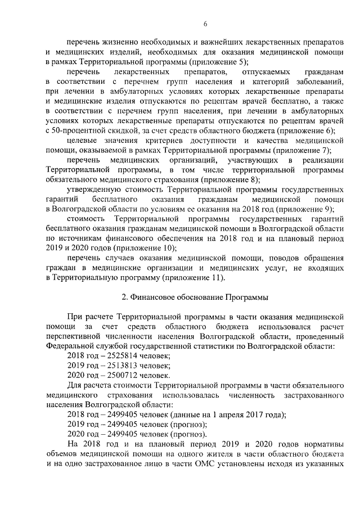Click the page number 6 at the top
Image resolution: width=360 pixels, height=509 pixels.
coord(205,24)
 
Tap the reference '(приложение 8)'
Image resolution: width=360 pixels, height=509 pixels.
coord(231,179)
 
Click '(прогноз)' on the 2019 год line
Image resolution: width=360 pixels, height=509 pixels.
coord(187,424)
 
